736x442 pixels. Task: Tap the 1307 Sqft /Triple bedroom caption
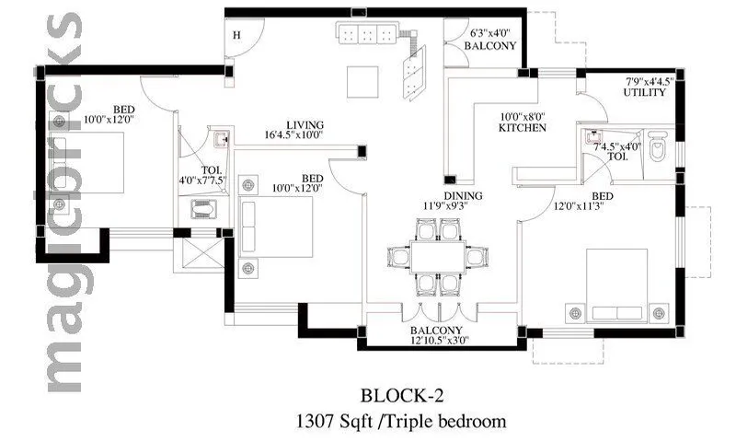[x=401, y=422]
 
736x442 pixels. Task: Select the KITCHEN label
[x=523, y=128]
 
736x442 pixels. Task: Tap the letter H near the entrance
[x=236, y=36]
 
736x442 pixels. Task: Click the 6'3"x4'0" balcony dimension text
[x=489, y=34]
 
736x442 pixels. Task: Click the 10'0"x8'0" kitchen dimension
[x=523, y=117]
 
